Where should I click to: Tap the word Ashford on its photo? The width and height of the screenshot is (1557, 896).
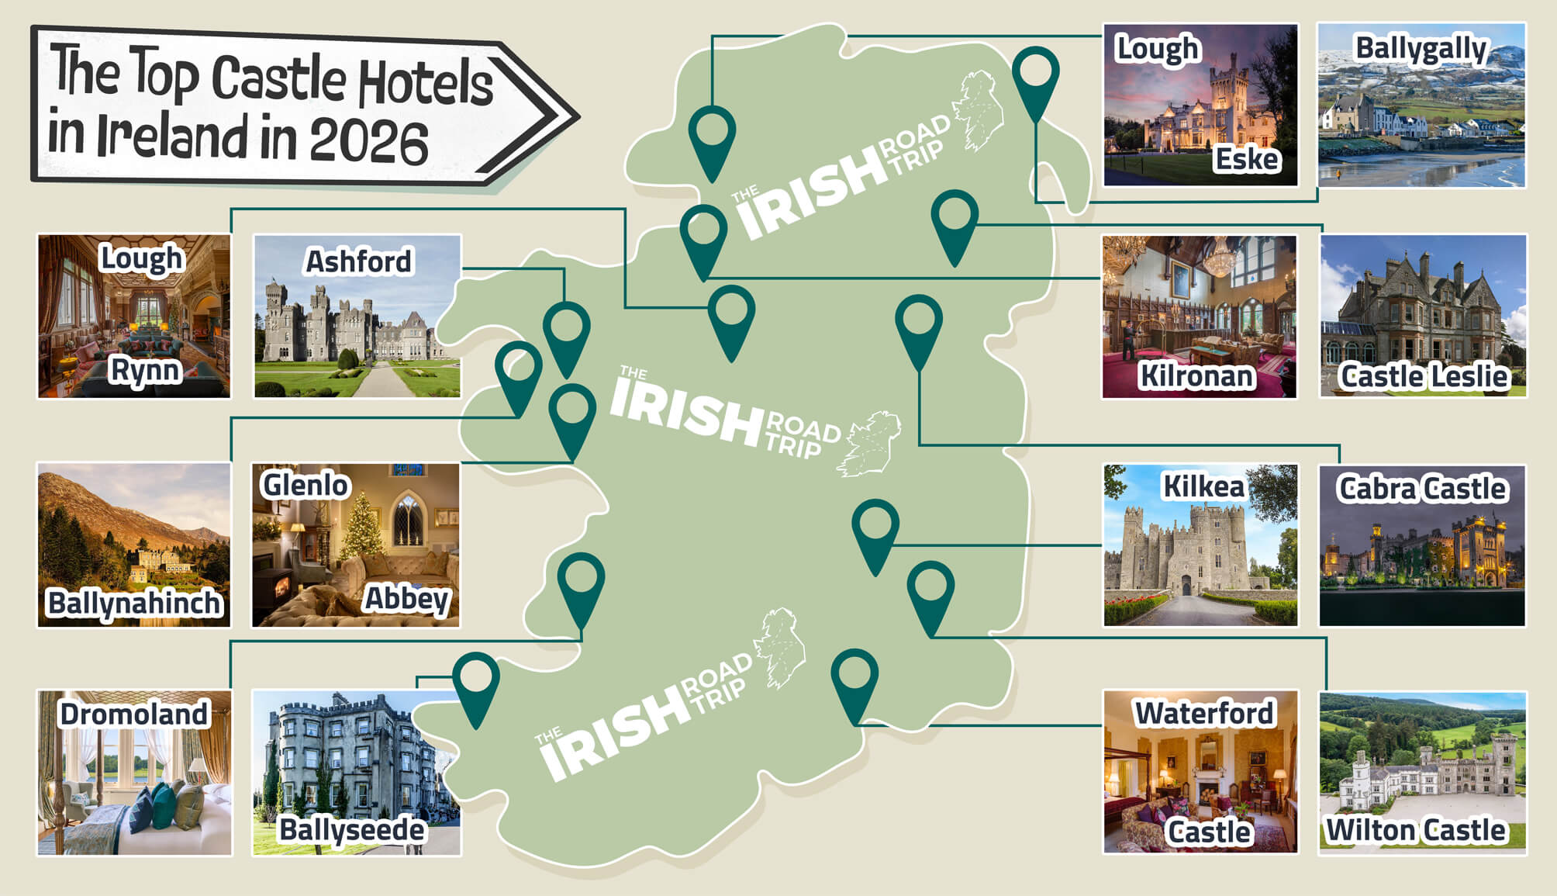pos(358,261)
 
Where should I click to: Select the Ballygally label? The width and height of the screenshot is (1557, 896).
pos(1421,49)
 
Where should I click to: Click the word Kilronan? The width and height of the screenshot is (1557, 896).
pos(1196,376)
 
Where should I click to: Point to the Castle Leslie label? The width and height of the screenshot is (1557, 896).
pos(1424,376)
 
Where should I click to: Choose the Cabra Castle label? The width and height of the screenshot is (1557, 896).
pos(1422,489)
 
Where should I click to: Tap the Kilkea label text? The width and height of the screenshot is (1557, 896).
pos(1203,487)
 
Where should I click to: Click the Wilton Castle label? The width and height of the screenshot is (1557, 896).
pos(1415,830)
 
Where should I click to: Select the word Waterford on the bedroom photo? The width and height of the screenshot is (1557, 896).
pos(1203,713)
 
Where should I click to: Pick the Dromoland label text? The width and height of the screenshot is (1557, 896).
pos(134,714)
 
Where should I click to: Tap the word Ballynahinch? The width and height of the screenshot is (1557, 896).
pos(134,603)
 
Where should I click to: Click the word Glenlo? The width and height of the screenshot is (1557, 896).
pos(306,485)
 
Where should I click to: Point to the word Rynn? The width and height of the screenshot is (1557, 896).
pos(145,371)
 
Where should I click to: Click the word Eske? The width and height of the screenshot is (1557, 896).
pos(1246,159)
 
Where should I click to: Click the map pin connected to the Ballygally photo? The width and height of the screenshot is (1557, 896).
pos(1035,74)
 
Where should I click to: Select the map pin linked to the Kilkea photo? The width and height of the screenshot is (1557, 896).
pos(875,528)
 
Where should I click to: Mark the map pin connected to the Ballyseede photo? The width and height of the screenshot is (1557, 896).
pos(475,680)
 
